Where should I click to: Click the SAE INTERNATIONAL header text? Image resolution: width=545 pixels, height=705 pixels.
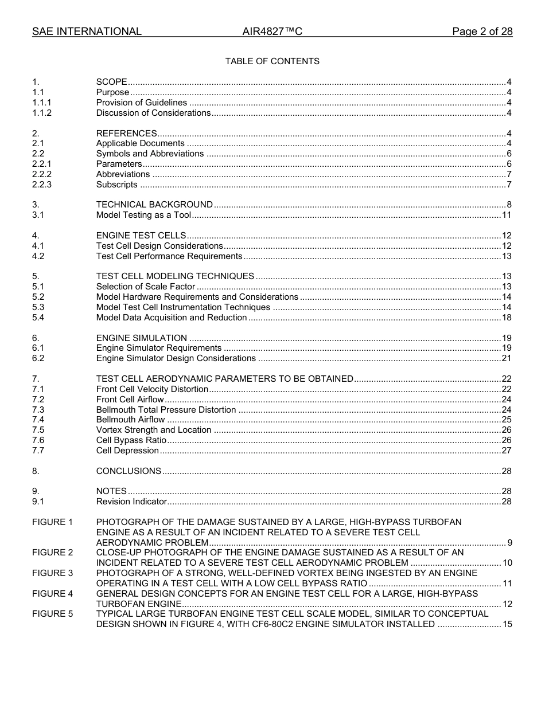click(87, 32)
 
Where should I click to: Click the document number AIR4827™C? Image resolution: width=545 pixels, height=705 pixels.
click(272, 32)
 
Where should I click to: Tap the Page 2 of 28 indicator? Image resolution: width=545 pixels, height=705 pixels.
click(482, 32)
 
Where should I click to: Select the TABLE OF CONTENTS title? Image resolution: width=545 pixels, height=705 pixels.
click(272, 61)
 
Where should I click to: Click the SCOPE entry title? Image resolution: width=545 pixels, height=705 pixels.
click(111, 82)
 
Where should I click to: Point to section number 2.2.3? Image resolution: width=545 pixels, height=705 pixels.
click(42, 185)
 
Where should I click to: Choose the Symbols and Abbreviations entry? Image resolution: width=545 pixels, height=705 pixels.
click(150, 154)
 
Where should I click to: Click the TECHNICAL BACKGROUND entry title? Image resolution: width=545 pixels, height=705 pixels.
click(154, 205)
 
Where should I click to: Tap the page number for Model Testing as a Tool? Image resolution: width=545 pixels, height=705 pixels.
click(507, 215)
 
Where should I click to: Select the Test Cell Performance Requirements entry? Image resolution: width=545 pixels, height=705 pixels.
click(169, 256)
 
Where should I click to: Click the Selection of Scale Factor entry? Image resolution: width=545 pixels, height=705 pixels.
click(146, 287)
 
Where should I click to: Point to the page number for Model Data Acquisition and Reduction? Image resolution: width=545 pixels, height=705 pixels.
click(507, 318)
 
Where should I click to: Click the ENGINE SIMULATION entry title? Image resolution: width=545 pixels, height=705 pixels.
click(141, 338)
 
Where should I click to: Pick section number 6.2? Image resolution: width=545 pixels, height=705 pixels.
click(38, 358)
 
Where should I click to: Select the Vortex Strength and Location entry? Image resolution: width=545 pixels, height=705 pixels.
click(154, 430)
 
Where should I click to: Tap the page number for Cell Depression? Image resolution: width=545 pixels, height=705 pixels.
click(507, 451)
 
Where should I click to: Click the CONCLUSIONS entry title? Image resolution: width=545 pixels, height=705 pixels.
click(129, 471)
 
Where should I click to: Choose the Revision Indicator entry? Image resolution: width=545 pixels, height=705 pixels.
click(131, 502)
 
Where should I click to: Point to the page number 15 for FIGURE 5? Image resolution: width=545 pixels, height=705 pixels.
click(507, 624)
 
